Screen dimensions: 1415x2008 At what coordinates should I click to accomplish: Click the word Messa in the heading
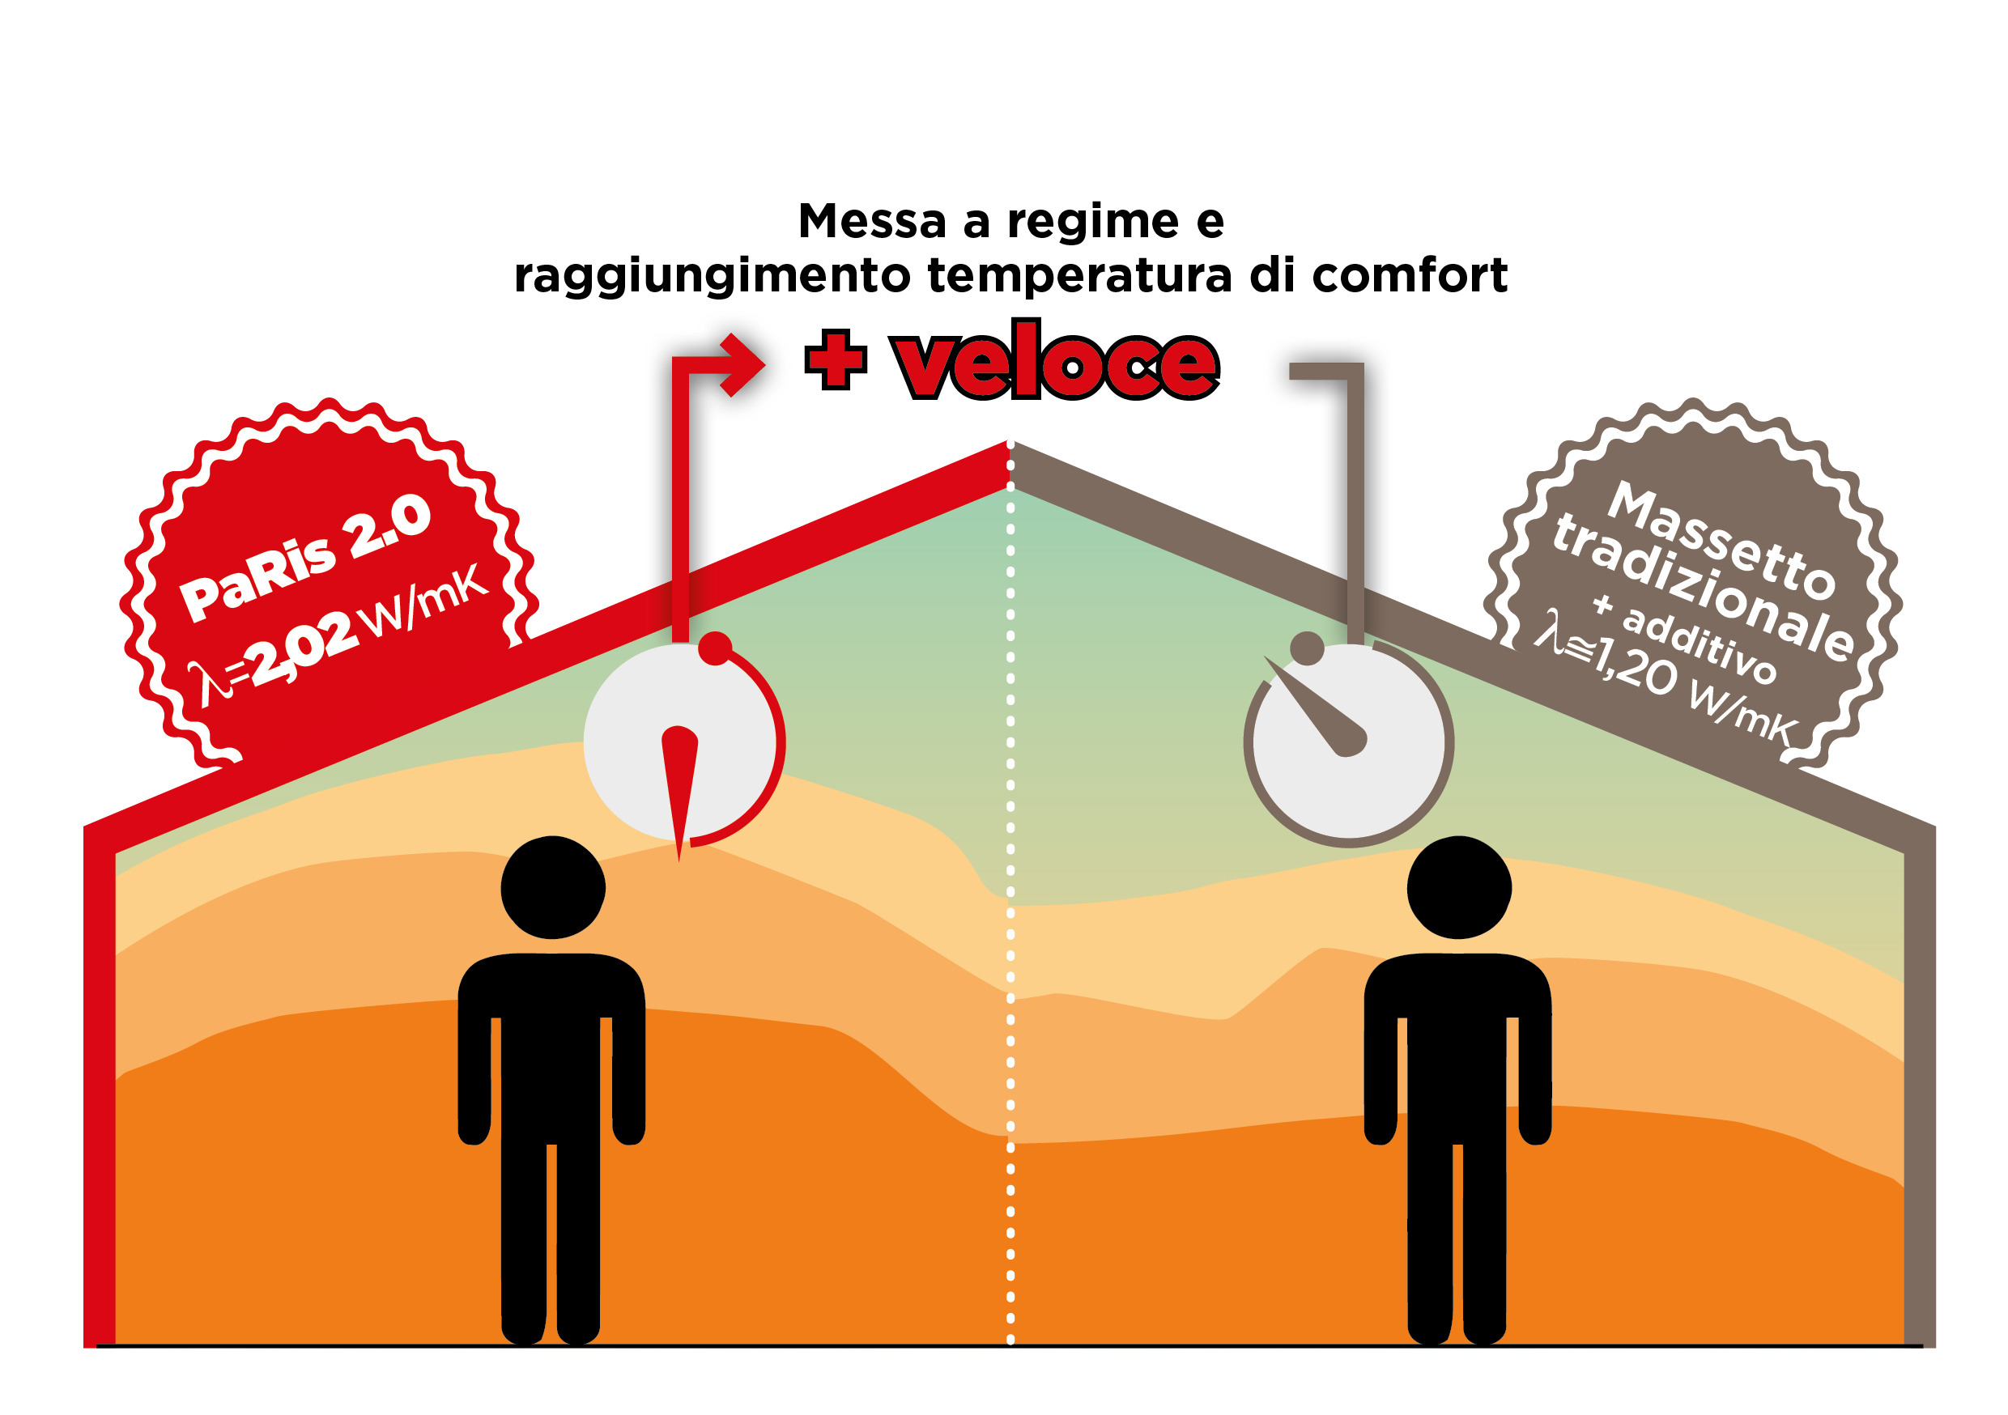tap(872, 220)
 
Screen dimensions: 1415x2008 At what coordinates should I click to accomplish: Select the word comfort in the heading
tap(1410, 275)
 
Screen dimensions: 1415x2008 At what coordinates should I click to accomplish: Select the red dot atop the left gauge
tap(716, 648)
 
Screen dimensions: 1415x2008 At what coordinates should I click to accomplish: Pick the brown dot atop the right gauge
tap(1308, 648)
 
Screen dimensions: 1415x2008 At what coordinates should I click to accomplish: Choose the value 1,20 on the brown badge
tap(1636, 665)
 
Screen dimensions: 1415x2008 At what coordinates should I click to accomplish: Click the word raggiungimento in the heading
tap(712, 275)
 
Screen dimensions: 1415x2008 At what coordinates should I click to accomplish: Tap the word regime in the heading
tap(1093, 222)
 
